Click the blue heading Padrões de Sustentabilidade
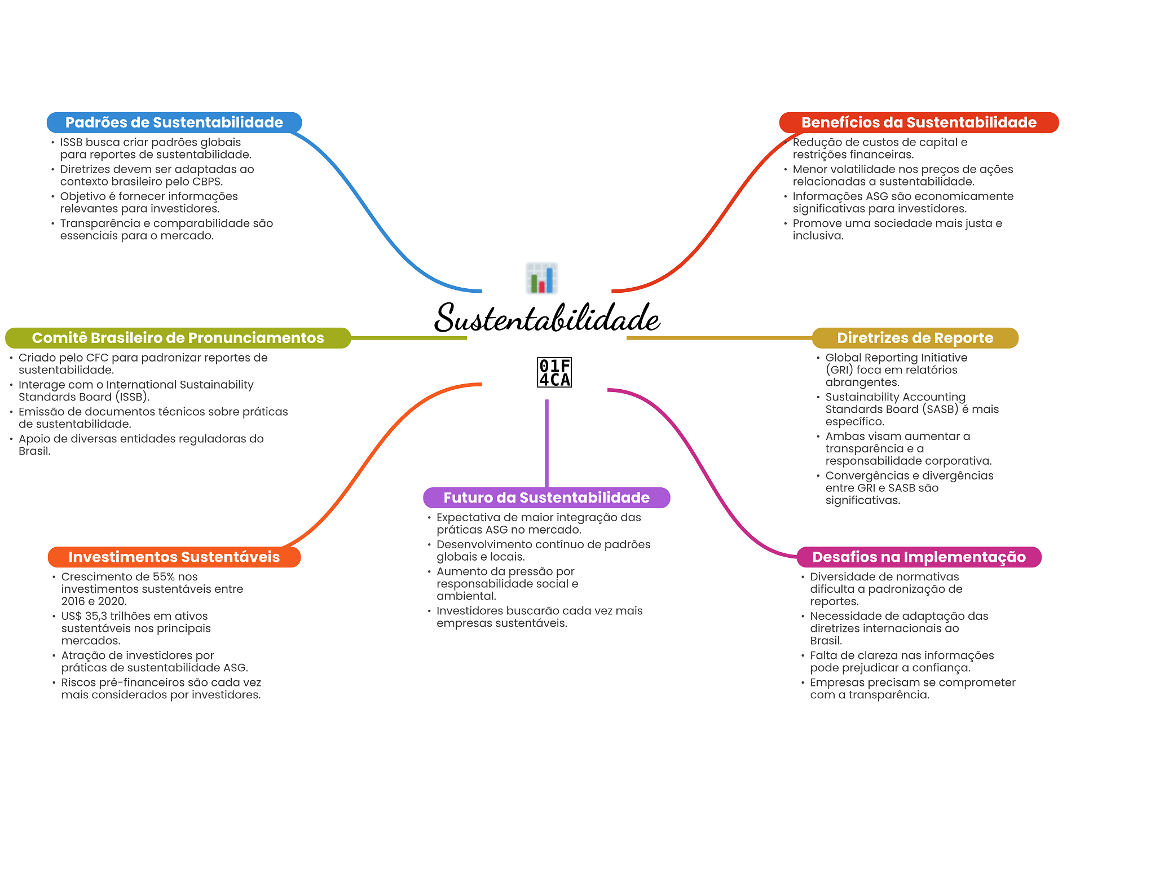[x=174, y=122]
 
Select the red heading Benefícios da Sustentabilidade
[x=918, y=122]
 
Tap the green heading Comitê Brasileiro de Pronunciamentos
[x=178, y=338]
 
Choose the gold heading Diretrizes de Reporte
[x=915, y=338]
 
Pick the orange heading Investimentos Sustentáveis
[x=174, y=557]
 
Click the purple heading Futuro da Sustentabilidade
[x=546, y=497]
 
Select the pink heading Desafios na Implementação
[x=918, y=557]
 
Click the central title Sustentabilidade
[x=546, y=318]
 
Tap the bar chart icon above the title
[x=541, y=278]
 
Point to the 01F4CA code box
[x=554, y=373]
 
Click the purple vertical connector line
[x=546, y=443]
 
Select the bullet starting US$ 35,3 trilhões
[x=135, y=628]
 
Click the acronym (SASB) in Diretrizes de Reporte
[x=940, y=410]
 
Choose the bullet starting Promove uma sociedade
[x=897, y=230]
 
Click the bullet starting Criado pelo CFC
[x=143, y=364]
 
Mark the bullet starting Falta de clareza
[x=901, y=662]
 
